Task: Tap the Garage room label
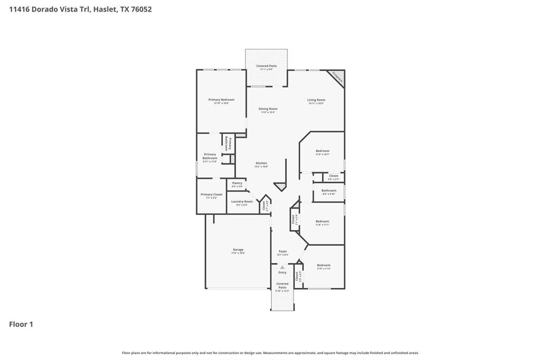tap(238, 250)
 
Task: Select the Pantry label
tap(237, 183)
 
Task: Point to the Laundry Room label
tap(241, 202)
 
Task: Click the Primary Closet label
tap(211, 195)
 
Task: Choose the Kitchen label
tap(262, 163)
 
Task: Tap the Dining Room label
tap(268, 109)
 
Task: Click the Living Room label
tap(316, 100)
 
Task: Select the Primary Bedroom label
tap(221, 100)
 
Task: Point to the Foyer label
tap(283, 251)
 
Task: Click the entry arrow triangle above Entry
tap(283, 268)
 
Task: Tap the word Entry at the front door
tap(283, 272)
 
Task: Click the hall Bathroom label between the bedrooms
tap(329, 191)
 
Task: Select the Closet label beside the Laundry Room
tap(264, 205)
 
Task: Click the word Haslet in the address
tap(105, 9)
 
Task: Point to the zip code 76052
tap(141, 9)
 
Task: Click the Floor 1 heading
tap(21, 324)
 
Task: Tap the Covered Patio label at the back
tap(266, 66)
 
